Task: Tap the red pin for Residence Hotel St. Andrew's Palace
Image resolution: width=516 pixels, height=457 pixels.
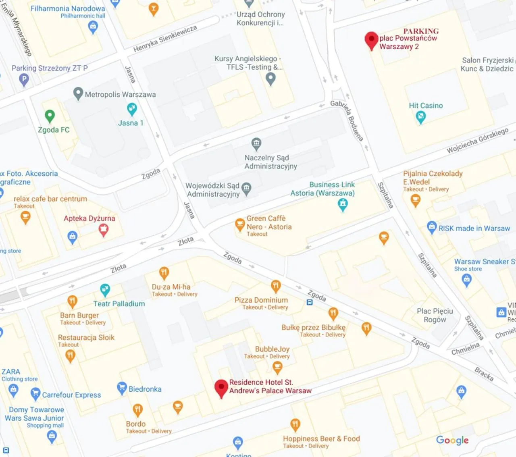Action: point(221,388)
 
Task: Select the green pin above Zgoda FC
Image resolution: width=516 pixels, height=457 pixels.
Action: point(50,116)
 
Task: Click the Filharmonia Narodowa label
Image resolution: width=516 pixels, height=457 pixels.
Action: point(68,8)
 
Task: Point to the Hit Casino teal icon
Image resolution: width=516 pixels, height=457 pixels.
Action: point(420,117)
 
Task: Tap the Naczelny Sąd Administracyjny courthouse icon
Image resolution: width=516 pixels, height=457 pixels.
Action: point(256,143)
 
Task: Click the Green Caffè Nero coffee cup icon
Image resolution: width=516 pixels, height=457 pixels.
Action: point(240,224)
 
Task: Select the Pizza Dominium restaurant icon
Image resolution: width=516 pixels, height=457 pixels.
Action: point(276,287)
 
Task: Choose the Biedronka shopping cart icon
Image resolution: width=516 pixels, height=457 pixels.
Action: point(122,388)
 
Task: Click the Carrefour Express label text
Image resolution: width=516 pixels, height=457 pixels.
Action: point(71,395)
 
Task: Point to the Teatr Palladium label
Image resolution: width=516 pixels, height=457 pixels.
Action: point(119,304)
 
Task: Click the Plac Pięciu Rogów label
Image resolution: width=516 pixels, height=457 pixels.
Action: point(435,315)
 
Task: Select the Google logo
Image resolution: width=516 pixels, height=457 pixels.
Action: point(452,440)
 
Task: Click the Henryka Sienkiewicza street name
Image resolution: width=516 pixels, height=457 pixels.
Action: point(165,39)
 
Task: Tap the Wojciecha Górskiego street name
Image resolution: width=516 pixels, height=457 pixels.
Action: point(477,141)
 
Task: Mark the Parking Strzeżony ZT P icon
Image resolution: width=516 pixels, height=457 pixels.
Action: point(24,79)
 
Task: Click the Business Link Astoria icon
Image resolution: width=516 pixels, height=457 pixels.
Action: point(343,205)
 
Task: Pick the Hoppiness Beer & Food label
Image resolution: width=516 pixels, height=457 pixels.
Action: point(321,438)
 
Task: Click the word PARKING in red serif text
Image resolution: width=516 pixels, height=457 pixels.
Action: point(421,31)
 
